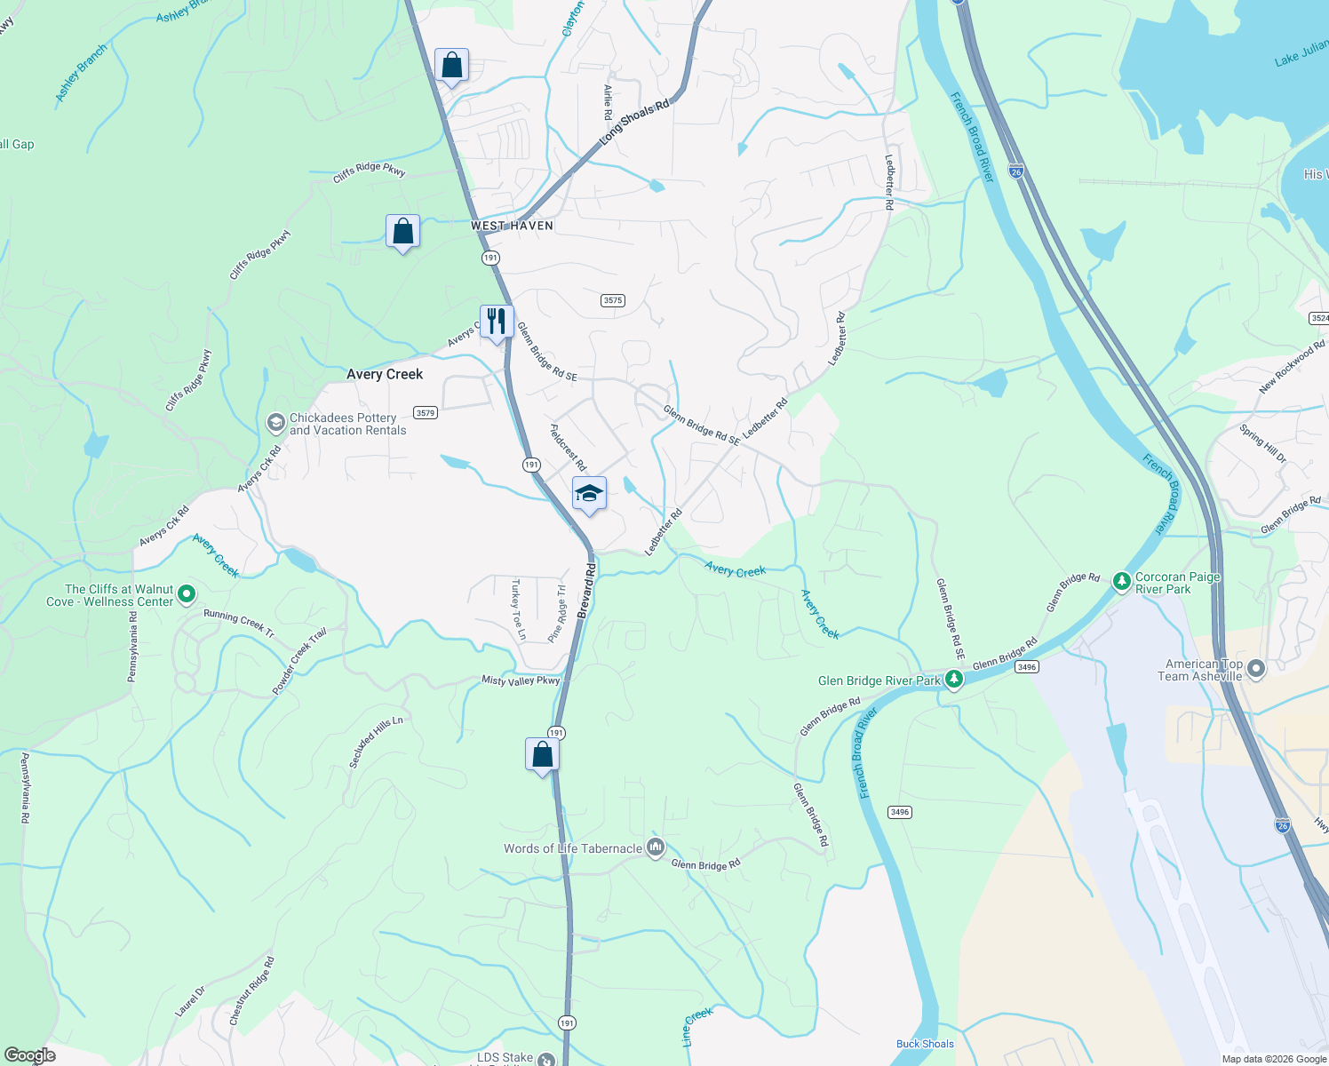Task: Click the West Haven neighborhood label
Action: pyautogui.click(x=512, y=226)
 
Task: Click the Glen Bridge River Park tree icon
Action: pyautogui.click(x=954, y=680)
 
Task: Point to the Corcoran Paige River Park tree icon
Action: pyautogui.click(x=1122, y=582)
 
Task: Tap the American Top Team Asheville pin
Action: pyautogui.click(x=1255, y=669)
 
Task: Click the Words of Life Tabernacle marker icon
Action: pyautogui.click(x=656, y=847)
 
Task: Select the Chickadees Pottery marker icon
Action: pyautogui.click(x=275, y=423)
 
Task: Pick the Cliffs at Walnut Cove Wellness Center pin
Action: pyautogui.click(x=187, y=594)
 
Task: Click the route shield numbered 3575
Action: pyautogui.click(x=613, y=300)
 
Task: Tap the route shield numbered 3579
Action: pyautogui.click(x=426, y=412)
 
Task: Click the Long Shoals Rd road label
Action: pyautogui.click(x=634, y=123)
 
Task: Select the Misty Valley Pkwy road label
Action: pyautogui.click(x=521, y=680)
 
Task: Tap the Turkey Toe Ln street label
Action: pyautogui.click(x=518, y=609)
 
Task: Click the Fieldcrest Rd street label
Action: pyautogui.click(x=568, y=447)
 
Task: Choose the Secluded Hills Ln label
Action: pyautogui.click(x=376, y=742)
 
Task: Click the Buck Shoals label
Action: pyautogui.click(x=925, y=1044)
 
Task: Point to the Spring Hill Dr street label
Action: pyautogui.click(x=1262, y=444)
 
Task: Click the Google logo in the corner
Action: pyautogui.click(x=29, y=1055)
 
